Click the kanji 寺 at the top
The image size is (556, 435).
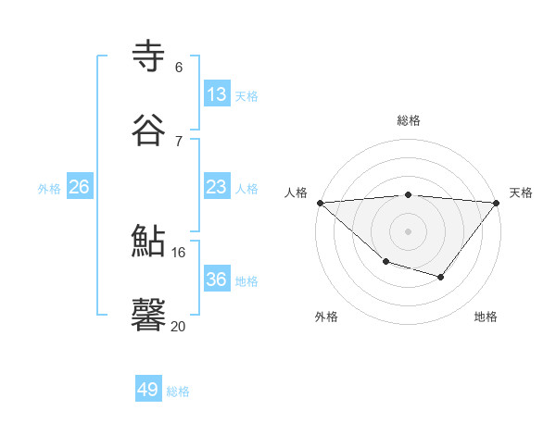(149, 56)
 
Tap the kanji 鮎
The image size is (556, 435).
(149, 241)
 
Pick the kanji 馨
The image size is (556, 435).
(149, 315)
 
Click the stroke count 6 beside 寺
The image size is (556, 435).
(179, 67)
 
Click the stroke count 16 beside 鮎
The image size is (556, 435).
(179, 252)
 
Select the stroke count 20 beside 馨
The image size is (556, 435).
(179, 326)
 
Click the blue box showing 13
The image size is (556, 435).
(216, 93)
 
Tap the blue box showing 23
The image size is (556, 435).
(216, 187)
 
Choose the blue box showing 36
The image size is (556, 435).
(216, 280)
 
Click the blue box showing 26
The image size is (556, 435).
(79, 187)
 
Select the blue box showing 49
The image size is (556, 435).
(148, 390)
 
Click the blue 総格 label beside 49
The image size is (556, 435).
(179, 391)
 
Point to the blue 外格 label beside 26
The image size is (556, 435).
(49, 189)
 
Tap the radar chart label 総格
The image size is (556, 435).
(409, 120)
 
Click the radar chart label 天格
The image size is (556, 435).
(521, 193)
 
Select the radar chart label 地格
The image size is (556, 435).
(486, 317)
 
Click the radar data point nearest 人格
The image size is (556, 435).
(320, 203)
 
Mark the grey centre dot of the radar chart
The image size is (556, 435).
(408, 230)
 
